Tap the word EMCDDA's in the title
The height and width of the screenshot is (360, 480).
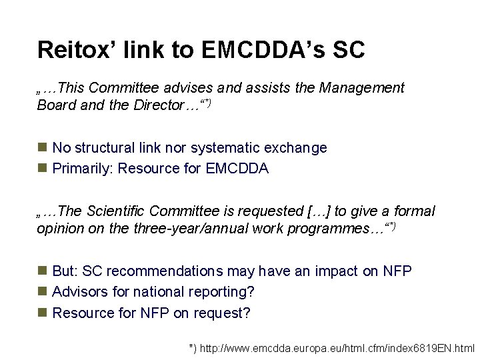[x=274, y=49]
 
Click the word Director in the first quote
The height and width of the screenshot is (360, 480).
[x=157, y=105]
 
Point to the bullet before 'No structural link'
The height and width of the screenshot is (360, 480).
[x=42, y=147]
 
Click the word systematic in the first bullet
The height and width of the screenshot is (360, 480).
[x=223, y=148]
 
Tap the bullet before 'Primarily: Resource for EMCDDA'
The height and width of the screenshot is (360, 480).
[x=42, y=169]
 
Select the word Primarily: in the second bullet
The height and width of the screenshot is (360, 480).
[x=83, y=169]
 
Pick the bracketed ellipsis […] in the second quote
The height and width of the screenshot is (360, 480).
[x=319, y=211]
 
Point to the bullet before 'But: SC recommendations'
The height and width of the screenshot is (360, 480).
[x=42, y=271]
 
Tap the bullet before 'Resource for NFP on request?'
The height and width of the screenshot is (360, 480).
[x=42, y=313]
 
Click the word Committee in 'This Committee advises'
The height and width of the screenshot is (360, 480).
[x=120, y=88]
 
